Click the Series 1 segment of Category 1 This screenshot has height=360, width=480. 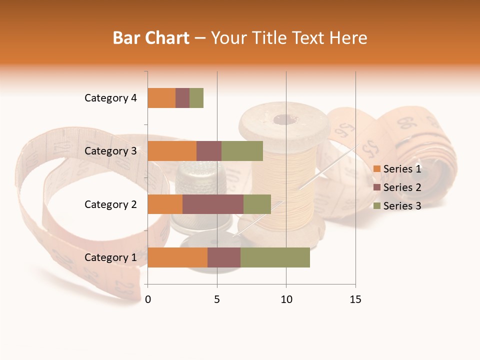point(177,257)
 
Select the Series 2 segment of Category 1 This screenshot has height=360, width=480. point(224,257)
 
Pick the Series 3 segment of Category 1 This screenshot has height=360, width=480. point(275,257)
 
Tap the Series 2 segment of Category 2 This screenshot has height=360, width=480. point(213,204)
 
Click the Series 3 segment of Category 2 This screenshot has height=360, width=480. point(257,204)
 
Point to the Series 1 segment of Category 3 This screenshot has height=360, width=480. point(172,151)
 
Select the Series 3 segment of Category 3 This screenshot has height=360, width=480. point(242,151)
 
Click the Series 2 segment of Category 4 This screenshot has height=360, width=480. point(182,98)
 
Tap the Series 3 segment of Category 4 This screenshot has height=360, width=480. point(196,98)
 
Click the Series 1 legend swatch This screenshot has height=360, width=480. point(377,169)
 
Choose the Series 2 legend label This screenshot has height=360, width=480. point(402,187)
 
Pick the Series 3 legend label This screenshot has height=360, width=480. point(402,206)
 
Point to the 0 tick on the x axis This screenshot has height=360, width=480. point(148,299)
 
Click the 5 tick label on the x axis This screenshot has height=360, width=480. point(217,299)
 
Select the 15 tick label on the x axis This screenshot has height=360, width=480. point(355,299)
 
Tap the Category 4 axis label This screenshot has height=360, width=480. point(110,98)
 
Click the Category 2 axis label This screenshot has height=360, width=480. point(110,204)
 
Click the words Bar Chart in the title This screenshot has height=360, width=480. point(151,37)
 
